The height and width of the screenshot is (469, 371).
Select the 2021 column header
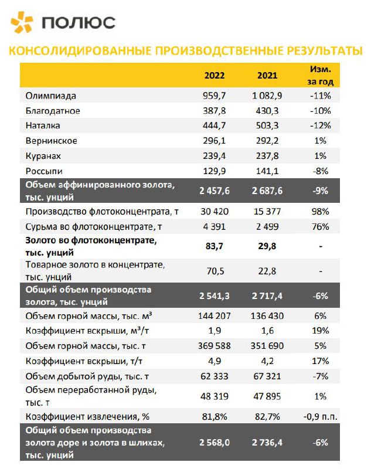tap(267, 76)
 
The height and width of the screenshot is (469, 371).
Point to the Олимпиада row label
tap(52, 95)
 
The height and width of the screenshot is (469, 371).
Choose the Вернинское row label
tap(52, 141)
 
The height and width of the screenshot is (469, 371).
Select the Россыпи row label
tap(44, 171)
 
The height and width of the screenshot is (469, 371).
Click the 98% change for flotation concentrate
tap(321, 211)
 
